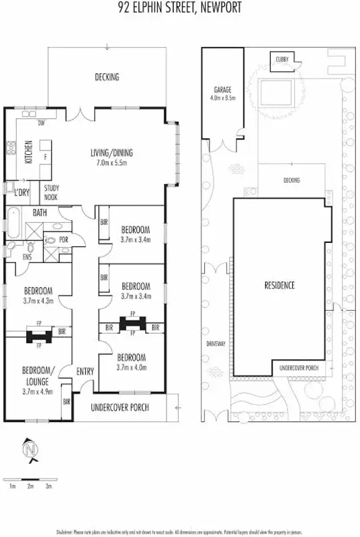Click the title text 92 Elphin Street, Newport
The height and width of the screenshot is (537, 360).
point(179,8)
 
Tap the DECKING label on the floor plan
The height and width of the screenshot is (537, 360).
point(106,77)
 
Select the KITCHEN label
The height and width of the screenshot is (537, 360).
point(29,152)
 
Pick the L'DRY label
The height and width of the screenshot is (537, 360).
point(21,193)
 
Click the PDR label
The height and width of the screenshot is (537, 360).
point(64,239)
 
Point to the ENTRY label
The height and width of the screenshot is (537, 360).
point(85,371)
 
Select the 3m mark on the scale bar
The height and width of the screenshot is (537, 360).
point(48,485)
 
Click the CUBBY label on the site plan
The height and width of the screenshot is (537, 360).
point(281,60)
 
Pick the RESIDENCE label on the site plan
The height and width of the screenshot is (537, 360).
point(279,285)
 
